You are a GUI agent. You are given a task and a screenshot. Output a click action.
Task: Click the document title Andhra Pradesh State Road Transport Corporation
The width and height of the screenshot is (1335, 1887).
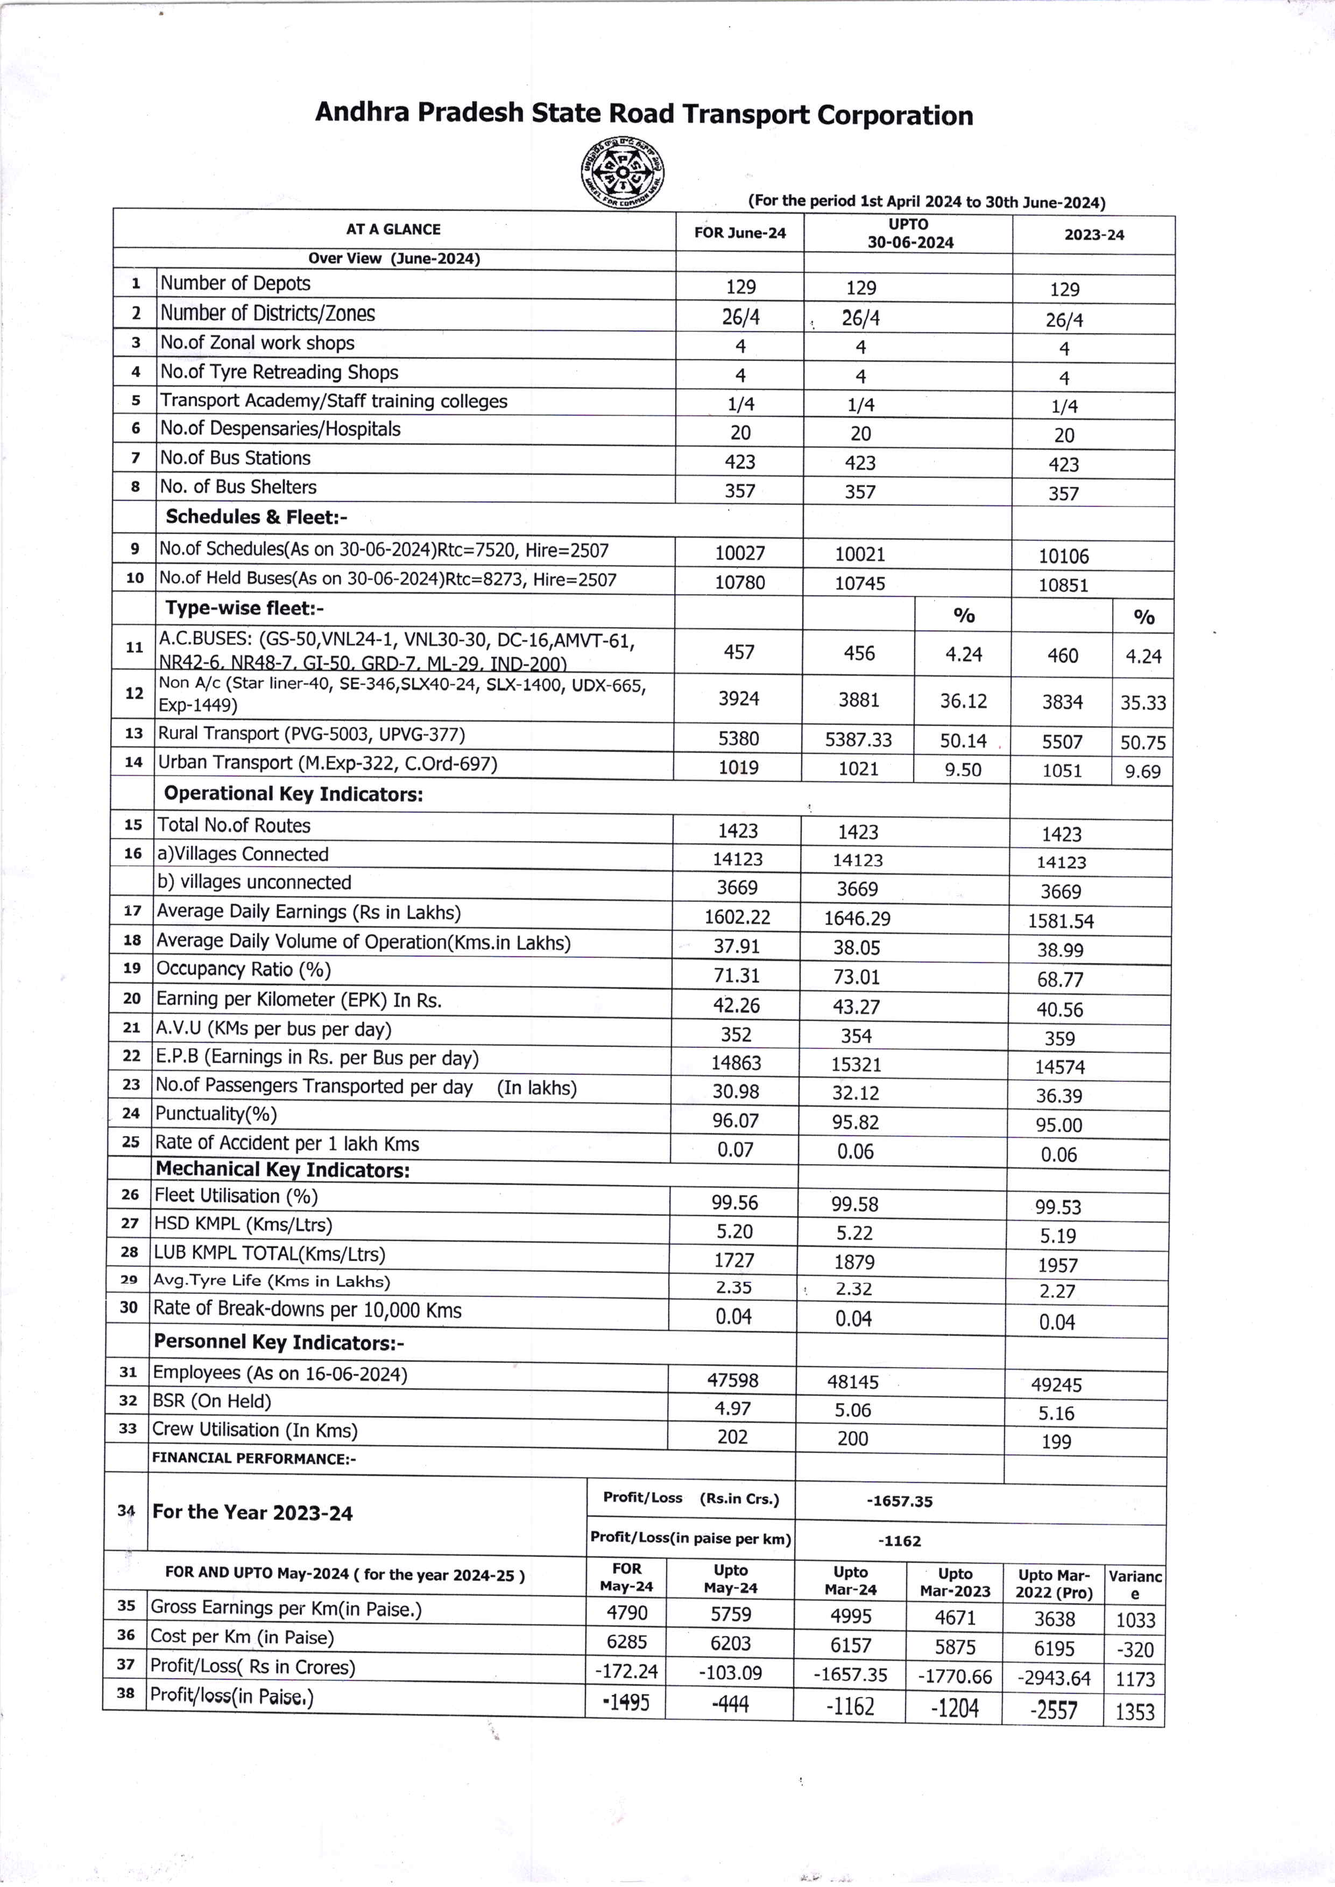point(644,114)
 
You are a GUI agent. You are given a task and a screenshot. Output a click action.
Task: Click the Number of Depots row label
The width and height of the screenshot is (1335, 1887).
point(235,284)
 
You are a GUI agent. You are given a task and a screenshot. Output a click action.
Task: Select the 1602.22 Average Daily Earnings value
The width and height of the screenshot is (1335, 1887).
point(737,917)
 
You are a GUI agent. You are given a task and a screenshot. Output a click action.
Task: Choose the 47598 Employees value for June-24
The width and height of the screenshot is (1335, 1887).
point(732,1381)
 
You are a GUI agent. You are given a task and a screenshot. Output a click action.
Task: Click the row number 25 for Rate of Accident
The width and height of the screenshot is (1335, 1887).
point(131,1142)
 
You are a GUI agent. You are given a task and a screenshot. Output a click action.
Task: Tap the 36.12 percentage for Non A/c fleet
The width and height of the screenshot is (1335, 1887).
point(963,701)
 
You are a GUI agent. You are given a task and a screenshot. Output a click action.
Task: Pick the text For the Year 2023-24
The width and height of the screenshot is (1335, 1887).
point(252,1513)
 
